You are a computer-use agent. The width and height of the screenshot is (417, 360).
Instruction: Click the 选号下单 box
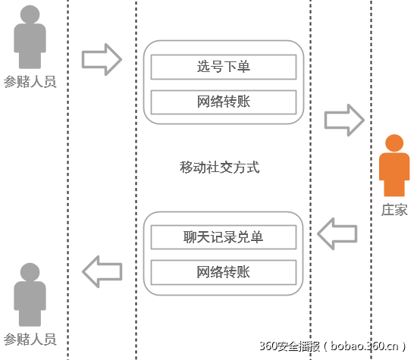(223, 67)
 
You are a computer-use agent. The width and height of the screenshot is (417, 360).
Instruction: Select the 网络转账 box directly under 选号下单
(223, 101)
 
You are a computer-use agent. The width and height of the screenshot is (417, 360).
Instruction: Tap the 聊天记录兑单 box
(223, 237)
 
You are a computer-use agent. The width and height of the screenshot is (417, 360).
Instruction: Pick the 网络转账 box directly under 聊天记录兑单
(223, 271)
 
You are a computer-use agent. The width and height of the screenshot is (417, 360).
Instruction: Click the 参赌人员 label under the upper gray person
(30, 82)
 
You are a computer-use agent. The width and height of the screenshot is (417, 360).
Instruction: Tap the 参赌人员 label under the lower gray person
(30, 339)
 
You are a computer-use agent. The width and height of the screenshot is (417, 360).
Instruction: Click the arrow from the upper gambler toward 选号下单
(102, 59)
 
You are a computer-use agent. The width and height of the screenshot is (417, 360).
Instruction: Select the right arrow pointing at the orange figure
(345, 121)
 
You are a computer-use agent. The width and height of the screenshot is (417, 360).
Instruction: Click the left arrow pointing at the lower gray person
(102, 271)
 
